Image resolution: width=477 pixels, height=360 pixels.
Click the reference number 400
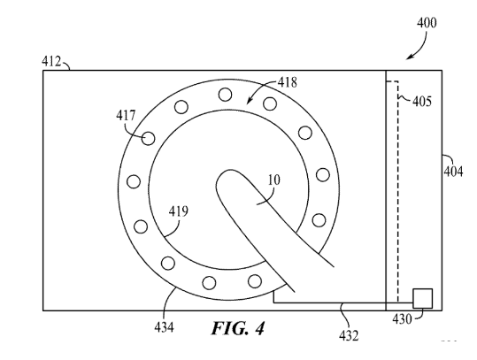427,23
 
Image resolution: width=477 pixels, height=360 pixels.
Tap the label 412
51,61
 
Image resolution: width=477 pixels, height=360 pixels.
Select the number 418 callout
287,82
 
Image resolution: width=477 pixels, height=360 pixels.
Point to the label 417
126,115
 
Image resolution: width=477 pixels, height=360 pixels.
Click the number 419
179,211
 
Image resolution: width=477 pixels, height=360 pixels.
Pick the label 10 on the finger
273,180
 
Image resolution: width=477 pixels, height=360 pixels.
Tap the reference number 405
422,101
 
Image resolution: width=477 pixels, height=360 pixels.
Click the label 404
453,172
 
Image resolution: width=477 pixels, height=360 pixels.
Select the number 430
402,319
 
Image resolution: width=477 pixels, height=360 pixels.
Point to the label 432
349,336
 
